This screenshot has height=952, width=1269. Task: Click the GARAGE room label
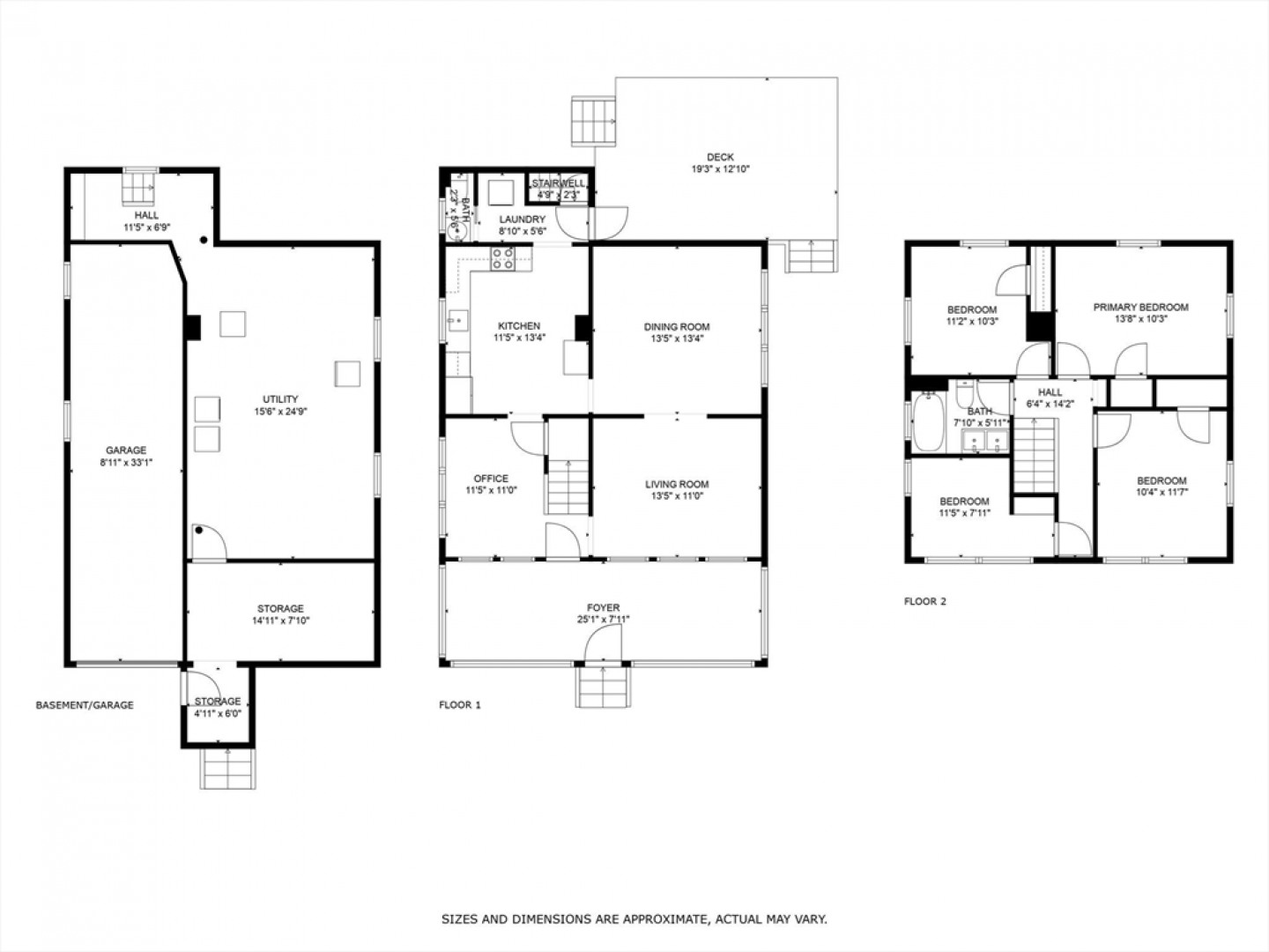point(126,450)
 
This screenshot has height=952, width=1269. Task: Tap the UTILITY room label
point(280,399)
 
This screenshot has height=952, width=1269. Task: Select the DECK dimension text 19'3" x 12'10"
point(720,169)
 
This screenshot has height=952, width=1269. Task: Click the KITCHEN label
point(519,326)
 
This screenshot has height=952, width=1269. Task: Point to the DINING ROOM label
point(677,327)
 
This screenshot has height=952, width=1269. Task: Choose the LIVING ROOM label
point(677,485)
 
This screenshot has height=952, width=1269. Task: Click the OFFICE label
point(492,479)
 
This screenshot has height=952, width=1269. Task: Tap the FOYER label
point(604,607)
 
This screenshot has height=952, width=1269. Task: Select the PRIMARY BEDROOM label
point(1140,308)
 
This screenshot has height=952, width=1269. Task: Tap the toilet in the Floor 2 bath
point(964,394)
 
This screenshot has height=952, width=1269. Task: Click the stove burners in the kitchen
point(502,258)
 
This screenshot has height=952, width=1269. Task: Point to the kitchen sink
point(458,321)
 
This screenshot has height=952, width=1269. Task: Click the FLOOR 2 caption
point(925,602)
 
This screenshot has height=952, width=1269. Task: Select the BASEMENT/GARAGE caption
point(85,705)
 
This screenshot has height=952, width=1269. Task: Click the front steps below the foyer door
point(603,687)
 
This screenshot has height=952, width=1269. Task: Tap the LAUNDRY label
point(522,219)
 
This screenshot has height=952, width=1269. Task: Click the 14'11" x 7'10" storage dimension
point(280,621)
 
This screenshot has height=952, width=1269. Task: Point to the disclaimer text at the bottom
point(634,919)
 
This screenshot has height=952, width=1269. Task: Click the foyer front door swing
point(603,643)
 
